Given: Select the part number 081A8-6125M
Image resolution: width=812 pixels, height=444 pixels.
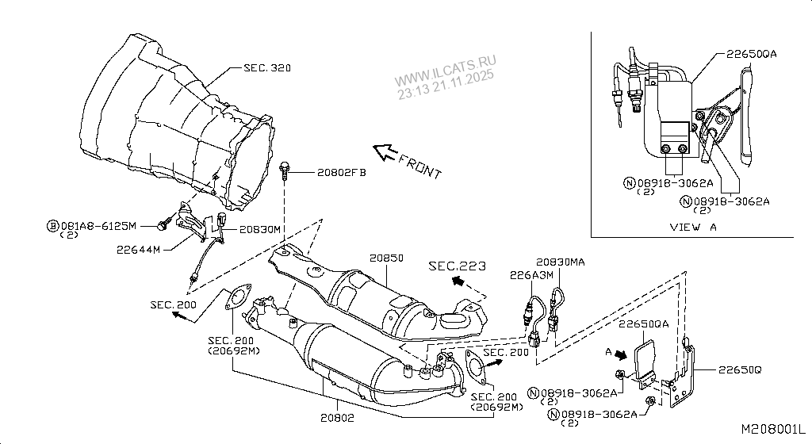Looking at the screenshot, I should tap(100, 226).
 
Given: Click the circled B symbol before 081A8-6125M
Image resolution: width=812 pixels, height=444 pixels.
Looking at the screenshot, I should tap(53, 226).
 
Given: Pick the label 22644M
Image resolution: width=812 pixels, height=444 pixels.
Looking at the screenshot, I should tap(139, 249).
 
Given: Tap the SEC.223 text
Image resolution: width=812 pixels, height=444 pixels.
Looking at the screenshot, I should tap(456, 266).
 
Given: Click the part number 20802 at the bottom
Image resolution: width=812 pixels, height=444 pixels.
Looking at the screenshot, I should tap(337, 417).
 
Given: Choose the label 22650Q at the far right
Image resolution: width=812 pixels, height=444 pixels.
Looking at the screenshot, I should tap(740, 369).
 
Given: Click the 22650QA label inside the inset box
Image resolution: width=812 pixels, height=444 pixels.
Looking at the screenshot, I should tap(751, 54).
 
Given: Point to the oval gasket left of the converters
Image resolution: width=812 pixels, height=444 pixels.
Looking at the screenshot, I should tap(233, 298).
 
